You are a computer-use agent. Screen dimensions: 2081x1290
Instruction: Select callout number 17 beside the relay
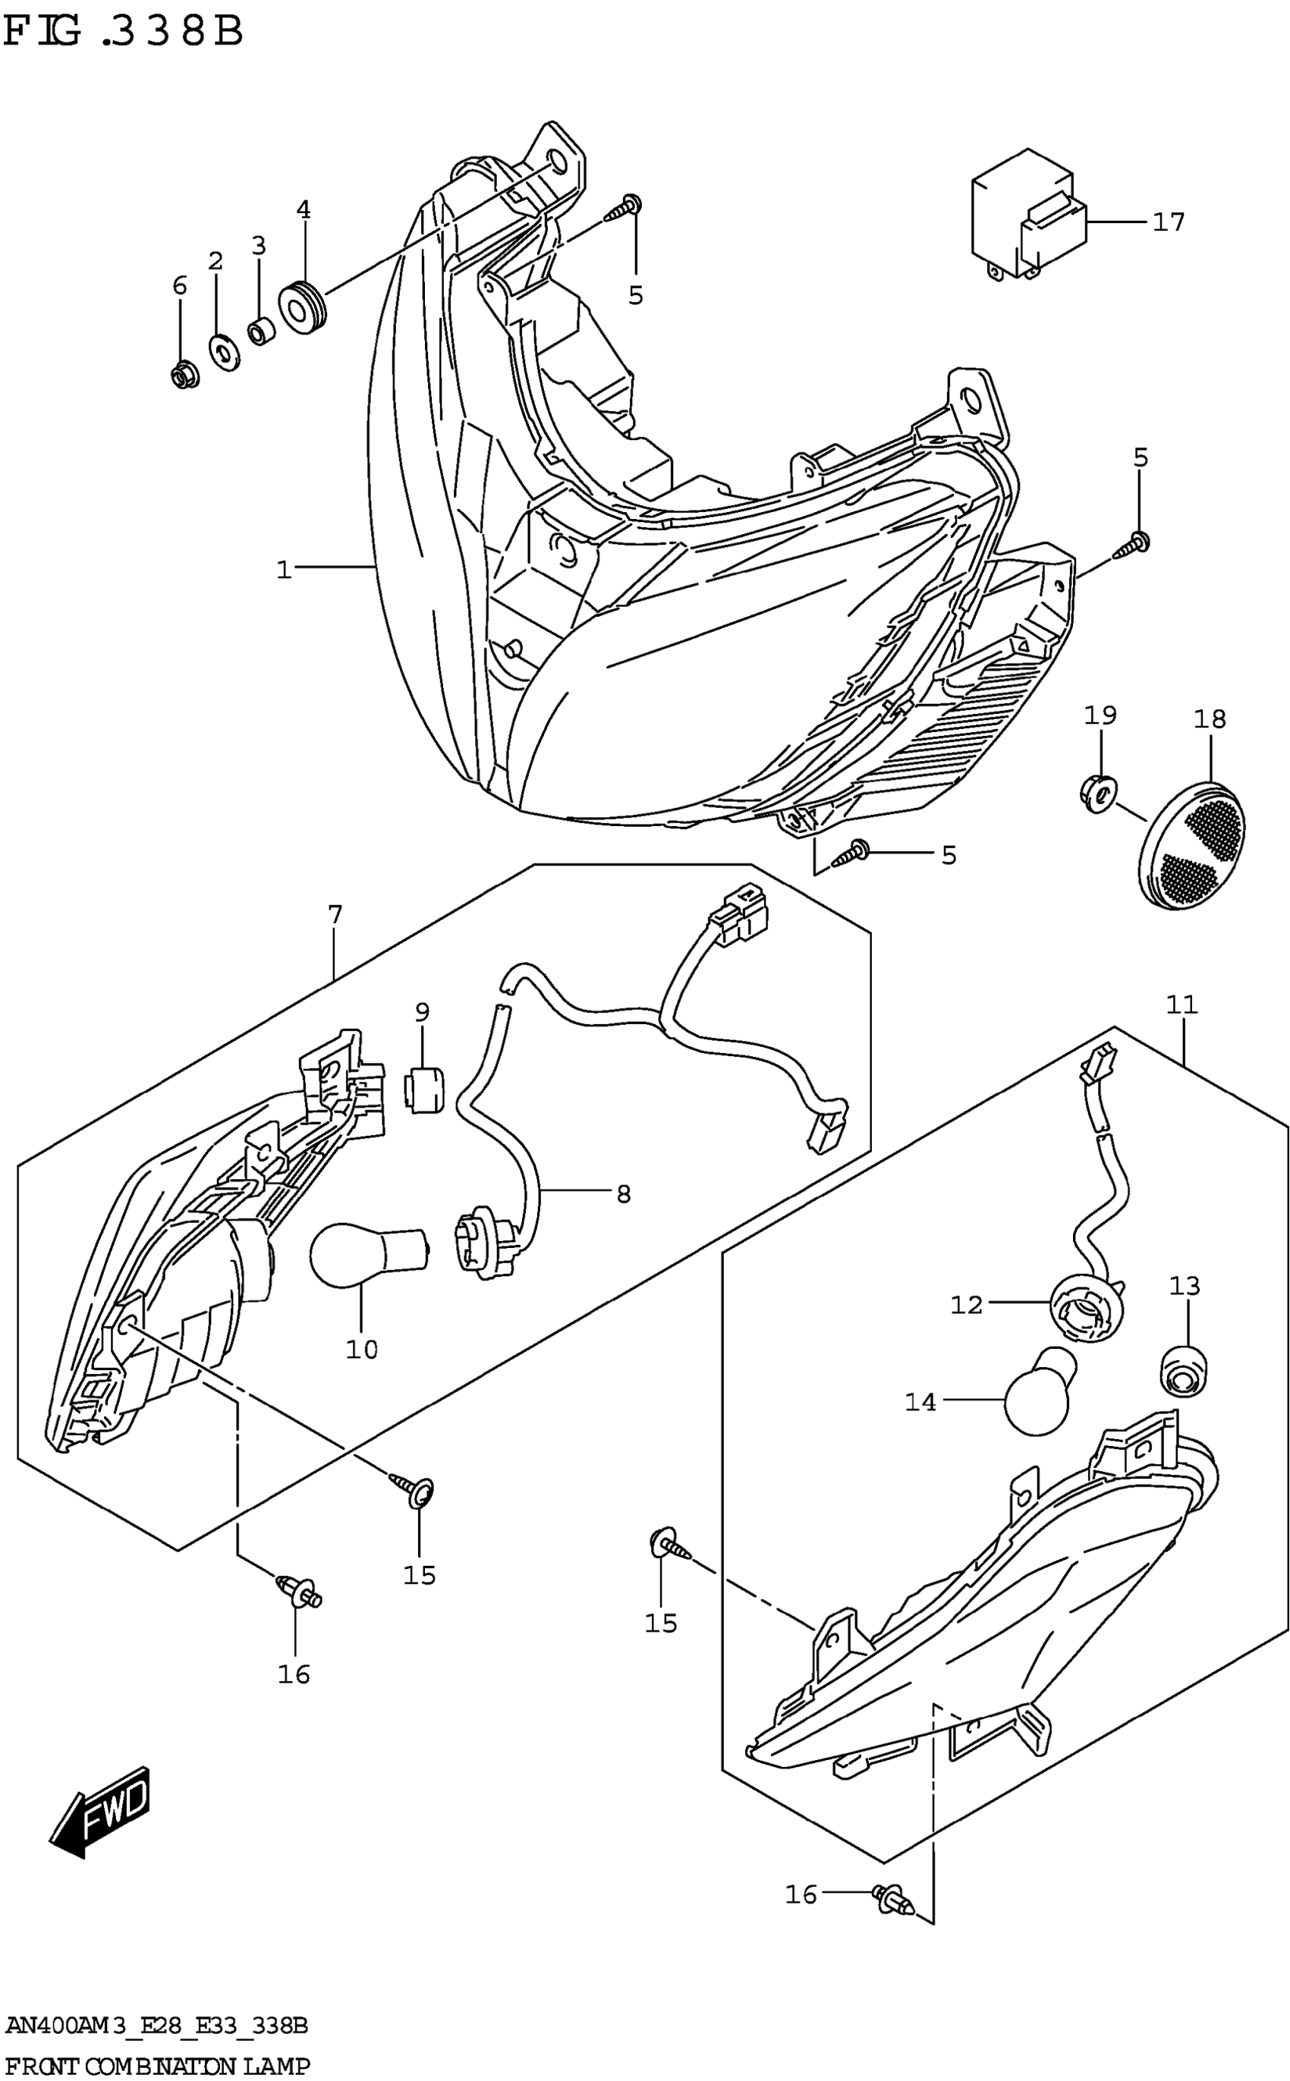[1168, 222]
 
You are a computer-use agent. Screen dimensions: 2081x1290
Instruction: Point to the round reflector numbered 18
[1192, 846]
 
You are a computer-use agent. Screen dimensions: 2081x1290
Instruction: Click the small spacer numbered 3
[260, 330]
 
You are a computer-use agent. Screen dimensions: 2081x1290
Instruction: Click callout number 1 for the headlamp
[284, 569]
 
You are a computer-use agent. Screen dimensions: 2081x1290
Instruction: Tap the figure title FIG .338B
[124, 32]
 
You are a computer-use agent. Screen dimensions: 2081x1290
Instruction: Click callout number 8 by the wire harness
[623, 1195]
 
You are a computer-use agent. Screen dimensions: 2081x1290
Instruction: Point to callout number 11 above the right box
[1181, 1005]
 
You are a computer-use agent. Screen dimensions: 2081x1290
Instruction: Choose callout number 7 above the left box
[335, 915]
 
